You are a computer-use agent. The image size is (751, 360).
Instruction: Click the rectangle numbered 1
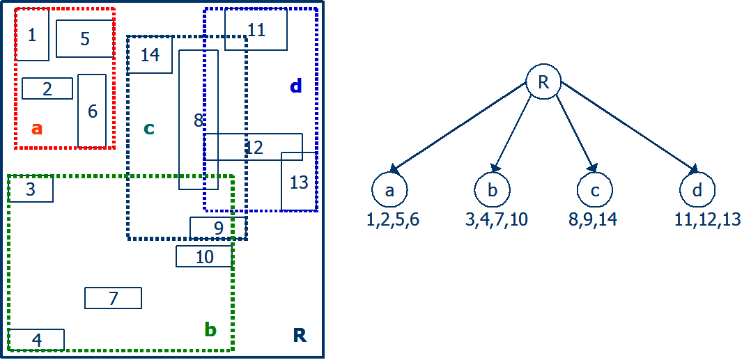pyautogui.click(x=32, y=35)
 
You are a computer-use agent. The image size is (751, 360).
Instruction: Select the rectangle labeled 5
pyautogui.click(x=84, y=39)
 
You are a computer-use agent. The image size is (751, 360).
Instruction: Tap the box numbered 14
pyautogui.click(x=150, y=55)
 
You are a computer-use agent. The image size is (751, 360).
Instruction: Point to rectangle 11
pyautogui.click(x=256, y=30)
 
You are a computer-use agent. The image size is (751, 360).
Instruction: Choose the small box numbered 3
pyautogui.click(x=31, y=189)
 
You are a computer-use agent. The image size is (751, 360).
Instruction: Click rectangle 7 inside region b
pyautogui.click(x=113, y=298)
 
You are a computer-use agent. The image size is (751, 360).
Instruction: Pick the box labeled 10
pyautogui.click(x=203, y=256)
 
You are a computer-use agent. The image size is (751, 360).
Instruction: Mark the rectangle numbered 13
pyautogui.click(x=299, y=182)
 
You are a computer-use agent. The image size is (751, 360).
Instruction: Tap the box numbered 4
pyautogui.click(x=36, y=340)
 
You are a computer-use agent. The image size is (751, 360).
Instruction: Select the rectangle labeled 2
pyautogui.click(x=47, y=88)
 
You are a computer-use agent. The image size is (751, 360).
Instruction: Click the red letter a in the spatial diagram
pyautogui.click(x=37, y=128)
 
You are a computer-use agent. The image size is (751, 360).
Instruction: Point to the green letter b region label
pyautogui.click(x=210, y=330)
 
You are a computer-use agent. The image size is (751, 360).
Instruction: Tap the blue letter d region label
pyautogui.click(x=296, y=86)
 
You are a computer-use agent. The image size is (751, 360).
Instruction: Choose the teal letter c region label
pyautogui.click(x=148, y=128)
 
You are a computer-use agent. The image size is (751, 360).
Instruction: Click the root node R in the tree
pyautogui.click(x=543, y=82)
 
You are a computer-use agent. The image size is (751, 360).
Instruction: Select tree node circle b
pyautogui.click(x=493, y=189)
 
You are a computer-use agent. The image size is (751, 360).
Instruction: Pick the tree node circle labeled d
pyautogui.click(x=697, y=189)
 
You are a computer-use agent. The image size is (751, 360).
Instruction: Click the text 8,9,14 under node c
pyautogui.click(x=593, y=220)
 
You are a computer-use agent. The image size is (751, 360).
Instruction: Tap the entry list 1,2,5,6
pyautogui.click(x=393, y=220)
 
